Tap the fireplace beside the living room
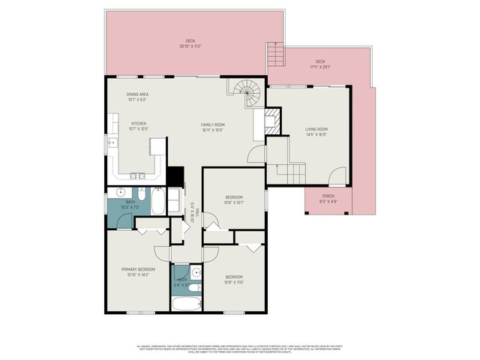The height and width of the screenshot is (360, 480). coord(271,121)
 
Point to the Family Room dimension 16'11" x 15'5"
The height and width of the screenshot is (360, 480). coord(212,131)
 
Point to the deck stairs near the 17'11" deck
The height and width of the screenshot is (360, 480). coord(277,53)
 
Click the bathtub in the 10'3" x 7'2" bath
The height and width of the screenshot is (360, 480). coord(159,202)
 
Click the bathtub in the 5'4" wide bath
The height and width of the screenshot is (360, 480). coord(187,304)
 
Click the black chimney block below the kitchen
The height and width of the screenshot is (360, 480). coord(175,176)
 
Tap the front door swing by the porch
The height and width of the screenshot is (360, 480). coord(337,177)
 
